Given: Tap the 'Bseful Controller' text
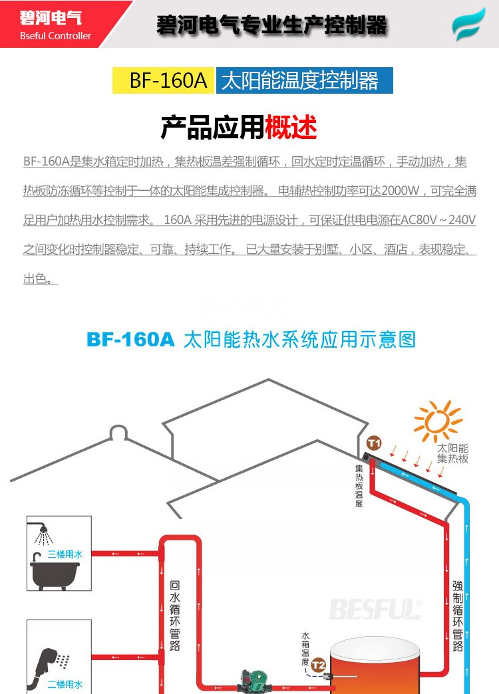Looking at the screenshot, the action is coord(55,36).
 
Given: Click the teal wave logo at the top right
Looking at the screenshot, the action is coord(469,25).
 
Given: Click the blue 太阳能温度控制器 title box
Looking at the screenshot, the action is coord(304,80).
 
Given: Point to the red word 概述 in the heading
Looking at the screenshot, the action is coord(291,127).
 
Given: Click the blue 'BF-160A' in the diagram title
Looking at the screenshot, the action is coord(130,340).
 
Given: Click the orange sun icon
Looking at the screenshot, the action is coord(438,421).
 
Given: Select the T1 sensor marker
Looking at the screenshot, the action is coord(374,443).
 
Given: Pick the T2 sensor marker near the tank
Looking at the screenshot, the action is coord(319,664).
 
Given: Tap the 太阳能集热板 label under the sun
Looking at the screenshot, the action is coord(453,453).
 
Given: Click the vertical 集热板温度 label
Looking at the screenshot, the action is coord(359,485).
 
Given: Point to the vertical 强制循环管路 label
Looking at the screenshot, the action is coord(458,616).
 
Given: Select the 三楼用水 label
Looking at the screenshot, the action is coord(65,554).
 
